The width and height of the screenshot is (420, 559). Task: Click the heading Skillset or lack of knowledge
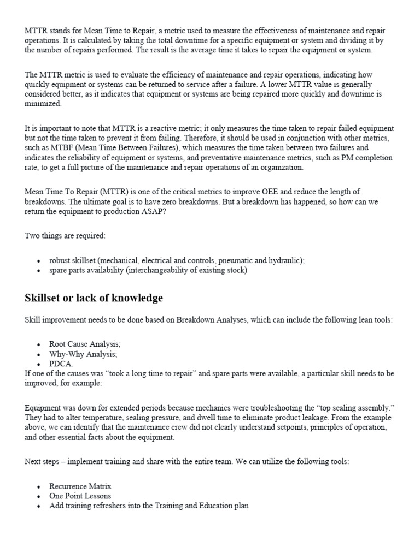[94, 298]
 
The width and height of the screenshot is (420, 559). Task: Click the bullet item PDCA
[61, 364]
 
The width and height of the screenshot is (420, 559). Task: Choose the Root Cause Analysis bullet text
[85, 344]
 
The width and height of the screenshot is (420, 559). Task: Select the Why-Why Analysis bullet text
[83, 354]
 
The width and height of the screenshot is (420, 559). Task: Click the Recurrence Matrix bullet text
[80, 486]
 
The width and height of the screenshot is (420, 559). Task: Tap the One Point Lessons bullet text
[80, 496]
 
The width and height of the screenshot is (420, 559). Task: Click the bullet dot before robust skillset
[38, 261]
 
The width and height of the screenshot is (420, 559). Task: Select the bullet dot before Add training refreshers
[38, 506]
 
